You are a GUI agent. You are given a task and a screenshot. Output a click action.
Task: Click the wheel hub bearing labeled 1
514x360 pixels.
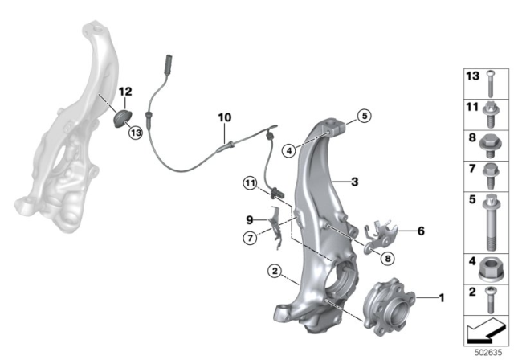click(389, 309)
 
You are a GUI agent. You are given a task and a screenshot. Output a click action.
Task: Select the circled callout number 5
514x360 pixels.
click(364, 116)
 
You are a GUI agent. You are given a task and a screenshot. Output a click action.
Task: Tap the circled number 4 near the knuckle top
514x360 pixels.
click(289, 151)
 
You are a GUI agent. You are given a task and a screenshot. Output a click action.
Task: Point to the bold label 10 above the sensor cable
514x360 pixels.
click(225, 117)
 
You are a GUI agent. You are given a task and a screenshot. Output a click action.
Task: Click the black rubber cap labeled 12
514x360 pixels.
click(123, 118)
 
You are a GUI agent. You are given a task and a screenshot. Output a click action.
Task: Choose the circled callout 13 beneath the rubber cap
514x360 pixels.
click(136, 133)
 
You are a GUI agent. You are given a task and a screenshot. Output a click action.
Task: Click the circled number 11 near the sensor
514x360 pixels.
click(250, 183)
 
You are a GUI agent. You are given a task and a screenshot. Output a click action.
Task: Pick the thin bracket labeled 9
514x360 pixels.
click(275, 227)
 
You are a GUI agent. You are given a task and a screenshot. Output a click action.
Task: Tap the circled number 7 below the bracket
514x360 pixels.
click(250, 238)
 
